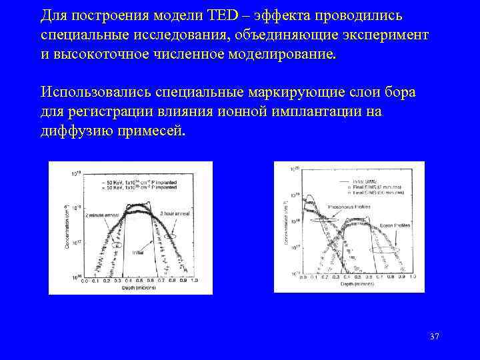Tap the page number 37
pos(434,336)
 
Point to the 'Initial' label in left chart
pos(139,253)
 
